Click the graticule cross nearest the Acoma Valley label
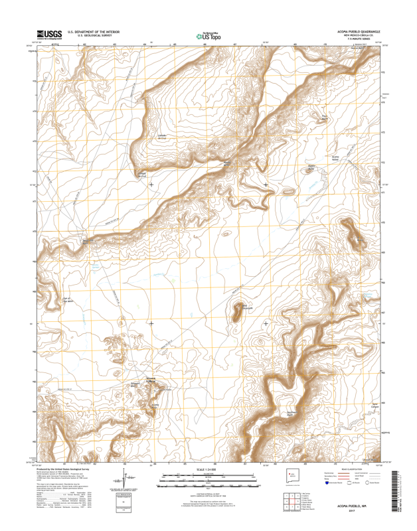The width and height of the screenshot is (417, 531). pos(266,184)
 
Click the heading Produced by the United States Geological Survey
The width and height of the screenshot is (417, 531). pos(66,469)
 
